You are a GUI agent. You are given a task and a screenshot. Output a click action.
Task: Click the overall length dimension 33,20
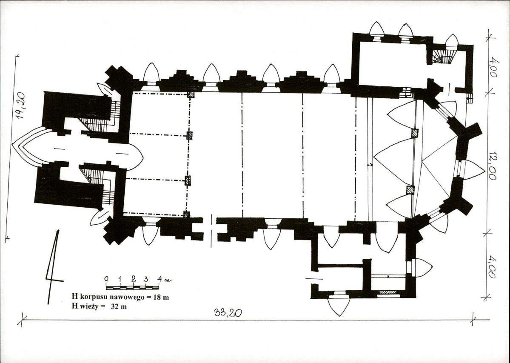228,313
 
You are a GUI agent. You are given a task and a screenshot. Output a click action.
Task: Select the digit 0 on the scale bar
106,279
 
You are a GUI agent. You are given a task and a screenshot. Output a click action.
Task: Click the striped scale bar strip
132,287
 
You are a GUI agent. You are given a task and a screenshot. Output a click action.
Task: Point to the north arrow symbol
54,267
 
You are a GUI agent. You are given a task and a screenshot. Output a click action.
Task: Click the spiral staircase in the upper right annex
444,56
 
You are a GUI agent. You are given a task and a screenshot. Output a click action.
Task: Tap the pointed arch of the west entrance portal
31,146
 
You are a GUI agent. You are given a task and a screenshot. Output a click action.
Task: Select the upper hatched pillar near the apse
415,134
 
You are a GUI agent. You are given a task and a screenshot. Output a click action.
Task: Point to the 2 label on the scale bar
134,279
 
